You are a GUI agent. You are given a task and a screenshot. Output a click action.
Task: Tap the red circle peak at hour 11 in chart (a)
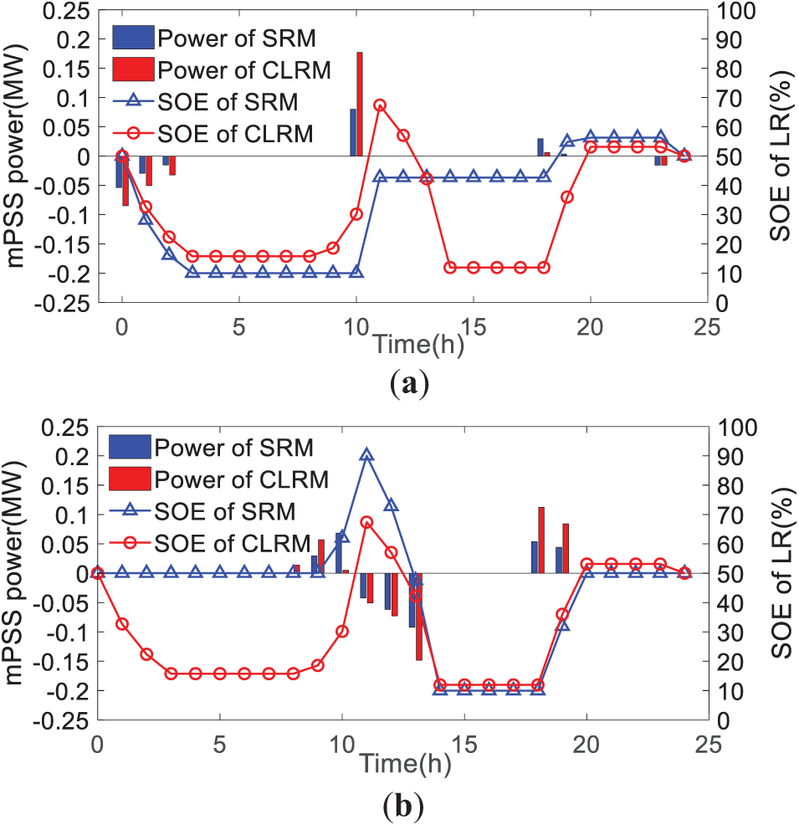(x=380, y=105)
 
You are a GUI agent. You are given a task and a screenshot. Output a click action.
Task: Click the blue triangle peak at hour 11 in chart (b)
(x=366, y=455)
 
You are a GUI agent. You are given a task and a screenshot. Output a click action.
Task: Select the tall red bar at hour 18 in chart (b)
(x=541, y=540)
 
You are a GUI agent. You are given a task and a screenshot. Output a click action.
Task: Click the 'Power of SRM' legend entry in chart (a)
(x=221, y=38)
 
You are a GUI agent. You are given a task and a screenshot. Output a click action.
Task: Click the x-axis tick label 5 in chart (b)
(x=220, y=743)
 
